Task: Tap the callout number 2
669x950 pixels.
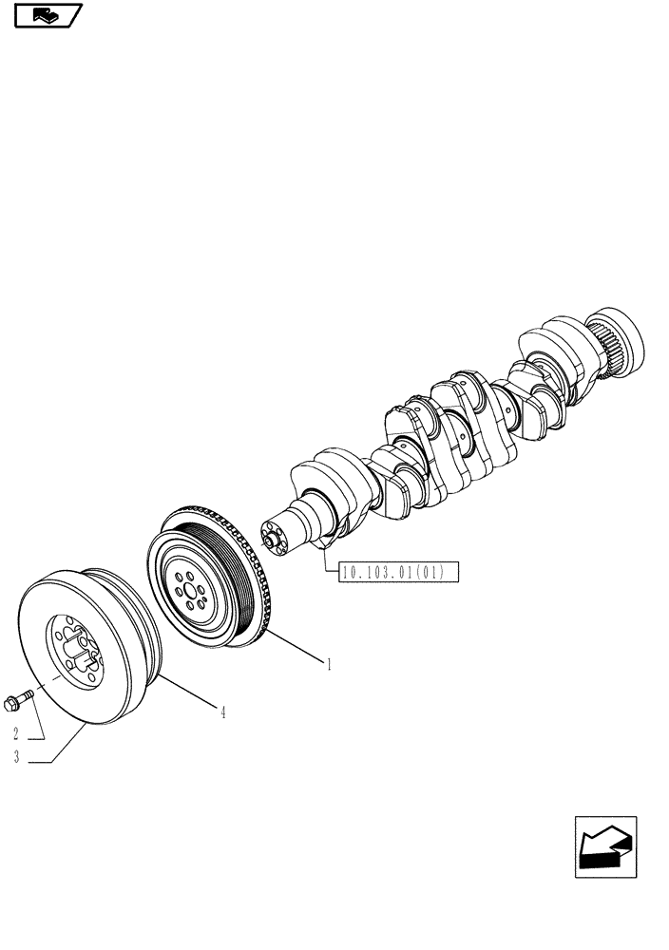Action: pyautogui.click(x=15, y=733)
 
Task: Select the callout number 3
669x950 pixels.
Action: pyautogui.click(x=15, y=757)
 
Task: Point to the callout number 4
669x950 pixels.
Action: pyautogui.click(x=223, y=712)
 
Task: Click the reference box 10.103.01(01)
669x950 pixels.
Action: pyautogui.click(x=397, y=572)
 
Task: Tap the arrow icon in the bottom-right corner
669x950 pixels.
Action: pyautogui.click(x=605, y=847)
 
